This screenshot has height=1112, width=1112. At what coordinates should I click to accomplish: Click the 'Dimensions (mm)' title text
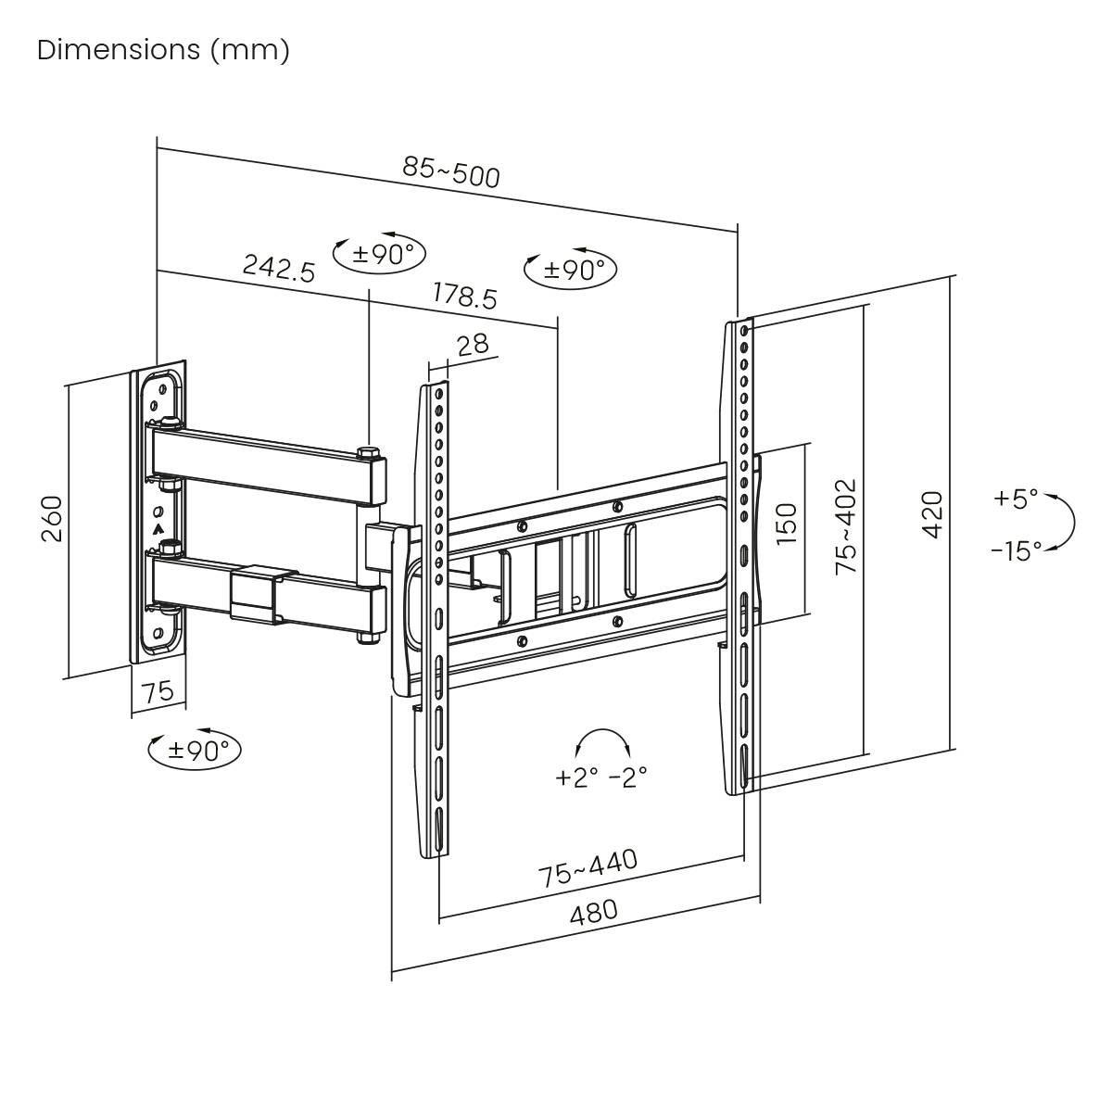click(x=163, y=50)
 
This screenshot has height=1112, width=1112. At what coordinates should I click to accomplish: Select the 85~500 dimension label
click(x=451, y=171)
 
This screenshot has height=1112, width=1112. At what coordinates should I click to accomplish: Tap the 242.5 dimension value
click(x=279, y=268)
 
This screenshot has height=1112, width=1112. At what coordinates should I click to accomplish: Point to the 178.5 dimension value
click(x=465, y=296)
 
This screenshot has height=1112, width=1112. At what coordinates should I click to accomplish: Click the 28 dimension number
click(x=473, y=345)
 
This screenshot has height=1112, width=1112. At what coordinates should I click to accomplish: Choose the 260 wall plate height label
click(x=52, y=520)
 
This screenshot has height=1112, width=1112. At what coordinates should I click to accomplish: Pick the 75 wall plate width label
click(x=158, y=691)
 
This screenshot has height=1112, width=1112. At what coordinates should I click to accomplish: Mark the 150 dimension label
click(x=785, y=524)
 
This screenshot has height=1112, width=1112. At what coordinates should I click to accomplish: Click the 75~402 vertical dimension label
click(x=846, y=526)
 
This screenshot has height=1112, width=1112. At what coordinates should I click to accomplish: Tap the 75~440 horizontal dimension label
click(x=588, y=868)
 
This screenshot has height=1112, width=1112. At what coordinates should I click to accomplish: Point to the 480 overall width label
click(x=593, y=913)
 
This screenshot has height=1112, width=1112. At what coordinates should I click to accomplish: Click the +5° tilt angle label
click(x=1016, y=499)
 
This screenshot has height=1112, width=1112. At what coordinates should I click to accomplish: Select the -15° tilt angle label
click(x=1016, y=551)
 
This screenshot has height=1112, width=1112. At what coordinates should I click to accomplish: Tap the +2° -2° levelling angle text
click(x=600, y=777)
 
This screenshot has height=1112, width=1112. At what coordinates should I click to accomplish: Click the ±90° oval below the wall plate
click(x=195, y=749)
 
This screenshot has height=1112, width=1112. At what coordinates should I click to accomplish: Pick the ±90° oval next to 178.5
click(x=571, y=269)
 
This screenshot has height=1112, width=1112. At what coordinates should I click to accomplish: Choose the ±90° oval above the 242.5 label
click(x=379, y=253)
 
